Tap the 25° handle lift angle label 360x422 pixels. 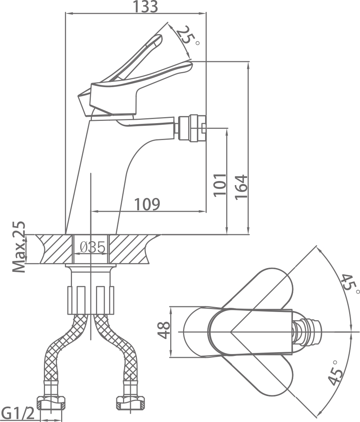tap(187, 36)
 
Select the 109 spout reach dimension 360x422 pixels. tap(147, 204)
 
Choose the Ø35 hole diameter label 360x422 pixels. tap(93, 247)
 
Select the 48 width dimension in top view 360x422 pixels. tap(163, 330)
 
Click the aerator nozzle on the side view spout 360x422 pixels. tap(192, 128)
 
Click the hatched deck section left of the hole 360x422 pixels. tap(54, 249)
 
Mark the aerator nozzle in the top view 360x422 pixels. tap(310, 332)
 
